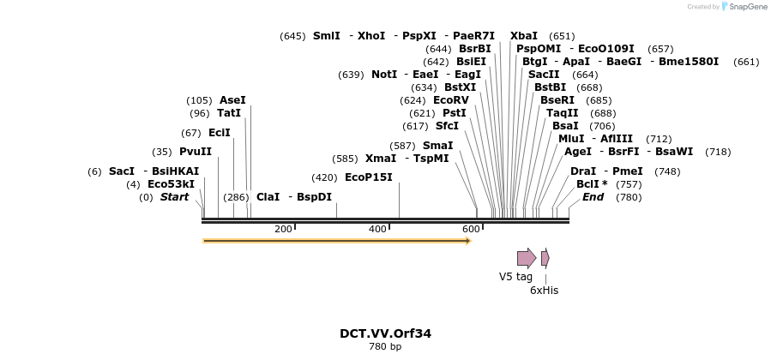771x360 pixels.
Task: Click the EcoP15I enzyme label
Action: tap(368, 177)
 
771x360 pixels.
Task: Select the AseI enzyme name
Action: tap(232, 100)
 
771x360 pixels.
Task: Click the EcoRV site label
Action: tap(450, 100)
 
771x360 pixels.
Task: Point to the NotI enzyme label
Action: tap(383, 75)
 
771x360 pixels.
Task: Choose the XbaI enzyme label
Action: tap(523, 36)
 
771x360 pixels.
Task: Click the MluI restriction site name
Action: tap(570, 139)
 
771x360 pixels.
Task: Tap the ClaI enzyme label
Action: tap(268, 197)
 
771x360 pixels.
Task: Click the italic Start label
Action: tap(174, 197)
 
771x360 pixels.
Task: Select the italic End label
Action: tap(593, 197)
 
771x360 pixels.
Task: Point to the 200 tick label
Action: tap(283, 229)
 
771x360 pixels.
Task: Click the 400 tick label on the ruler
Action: tap(377, 229)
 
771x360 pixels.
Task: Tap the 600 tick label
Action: tap(471, 229)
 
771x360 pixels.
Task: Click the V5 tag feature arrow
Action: tap(526, 257)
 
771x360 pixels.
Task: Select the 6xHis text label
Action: tap(544, 291)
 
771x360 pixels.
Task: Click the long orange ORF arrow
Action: tap(336, 241)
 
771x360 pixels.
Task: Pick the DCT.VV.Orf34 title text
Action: tap(385, 333)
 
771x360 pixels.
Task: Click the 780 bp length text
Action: tap(385, 347)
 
